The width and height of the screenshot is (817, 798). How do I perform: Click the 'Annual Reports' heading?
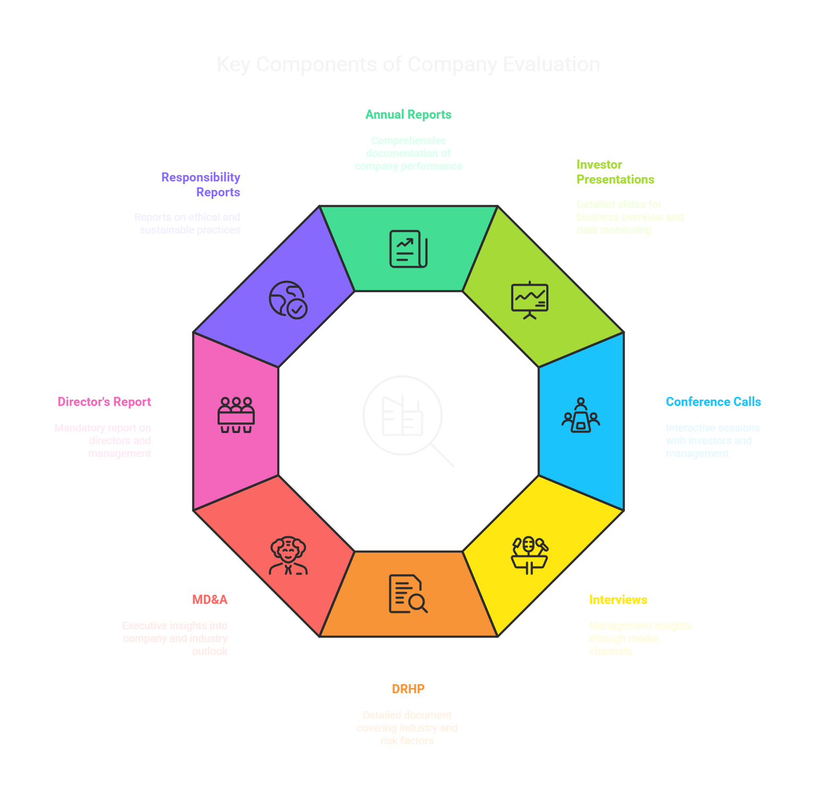[x=408, y=114]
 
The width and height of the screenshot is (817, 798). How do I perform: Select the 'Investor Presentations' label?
[x=615, y=172]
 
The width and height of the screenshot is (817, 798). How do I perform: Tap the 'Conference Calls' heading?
[x=713, y=402]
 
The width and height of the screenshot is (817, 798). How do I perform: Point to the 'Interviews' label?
[x=618, y=600]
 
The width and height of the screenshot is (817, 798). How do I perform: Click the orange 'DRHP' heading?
[x=408, y=689]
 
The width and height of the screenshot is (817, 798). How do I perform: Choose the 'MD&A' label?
[x=210, y=600]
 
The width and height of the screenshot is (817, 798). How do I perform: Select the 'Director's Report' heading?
[x=104, y=402]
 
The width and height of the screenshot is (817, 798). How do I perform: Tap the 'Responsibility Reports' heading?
[x=201, y=185]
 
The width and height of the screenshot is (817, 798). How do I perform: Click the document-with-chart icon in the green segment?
[x=408, y=249]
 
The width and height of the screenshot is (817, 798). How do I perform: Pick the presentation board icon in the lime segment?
[x=529, y=300]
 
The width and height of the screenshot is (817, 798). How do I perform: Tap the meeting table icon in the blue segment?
[x=580, y=415]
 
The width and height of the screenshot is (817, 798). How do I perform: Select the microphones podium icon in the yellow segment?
[x=529, y=555]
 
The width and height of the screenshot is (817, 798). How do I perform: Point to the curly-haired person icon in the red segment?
[x=288, y=555]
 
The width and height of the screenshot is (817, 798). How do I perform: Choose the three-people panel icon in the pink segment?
[x=236, y=415]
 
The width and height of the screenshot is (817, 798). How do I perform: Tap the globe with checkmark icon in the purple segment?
[x=288, y=300]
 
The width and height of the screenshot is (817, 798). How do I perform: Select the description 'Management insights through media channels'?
[x=640, y=638]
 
